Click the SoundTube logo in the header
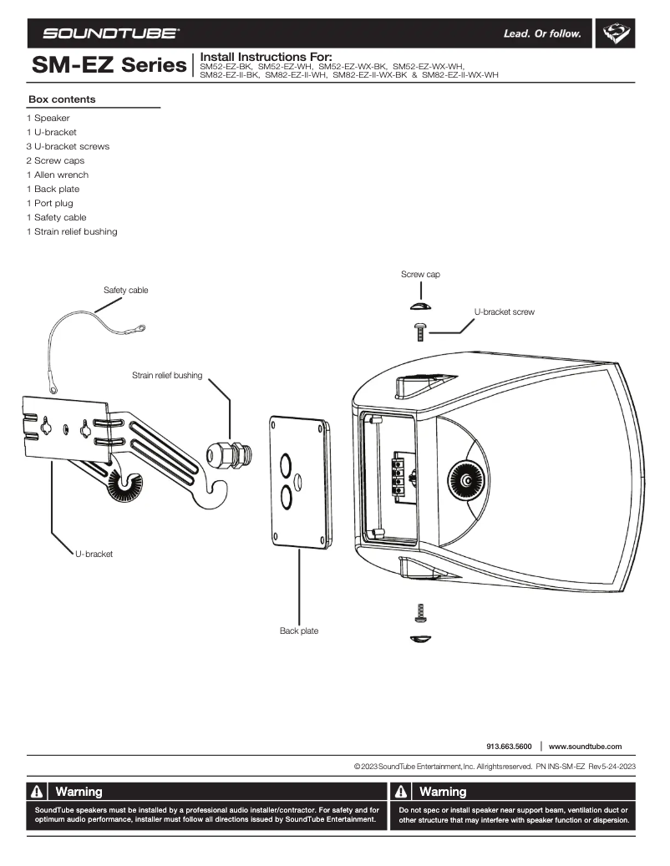tap(110, 34)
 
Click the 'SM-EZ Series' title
tap(109, 63)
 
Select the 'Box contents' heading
tap(62, 99)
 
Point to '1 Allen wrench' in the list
tap(57, 175)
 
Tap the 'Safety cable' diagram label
tap(125, 290)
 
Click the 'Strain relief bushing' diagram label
tap(167, 376)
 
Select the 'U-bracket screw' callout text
tap(504, 311)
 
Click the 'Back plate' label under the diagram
tap(298, 631)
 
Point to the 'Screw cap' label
tap(420, 274)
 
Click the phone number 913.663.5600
tap(509, 746)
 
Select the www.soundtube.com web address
tap(585, 746)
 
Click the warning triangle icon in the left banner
tap(38, 792)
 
